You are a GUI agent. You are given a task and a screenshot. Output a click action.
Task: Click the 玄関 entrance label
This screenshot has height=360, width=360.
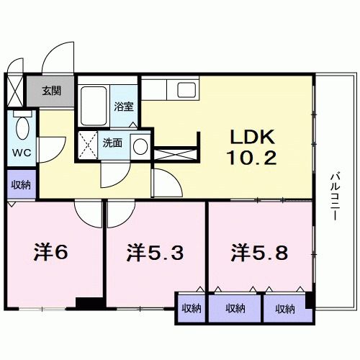pyautogui.click(x=50, y=91)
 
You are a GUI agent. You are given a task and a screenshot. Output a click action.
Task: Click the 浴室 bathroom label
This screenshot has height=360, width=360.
pyautogui.click(x=123, y=108)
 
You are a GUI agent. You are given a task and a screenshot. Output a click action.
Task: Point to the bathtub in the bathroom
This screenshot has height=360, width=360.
pyautogui.click(x=93, y=107)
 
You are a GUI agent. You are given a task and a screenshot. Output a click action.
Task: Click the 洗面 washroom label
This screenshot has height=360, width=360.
pyautogui.click(x=112, y=143)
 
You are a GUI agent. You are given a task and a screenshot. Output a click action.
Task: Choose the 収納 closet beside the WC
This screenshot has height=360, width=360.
pyautogui.click(x=20, y=184)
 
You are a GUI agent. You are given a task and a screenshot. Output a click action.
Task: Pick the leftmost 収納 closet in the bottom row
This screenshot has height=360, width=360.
pyautogui.click(x=192, y=308)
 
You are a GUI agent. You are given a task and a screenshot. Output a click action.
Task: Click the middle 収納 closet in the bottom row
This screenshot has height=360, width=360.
pyautogui.click(x=235, y=308)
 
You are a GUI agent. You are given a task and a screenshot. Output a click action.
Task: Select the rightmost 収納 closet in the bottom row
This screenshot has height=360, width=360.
pyautogui.click(x=284, y=308)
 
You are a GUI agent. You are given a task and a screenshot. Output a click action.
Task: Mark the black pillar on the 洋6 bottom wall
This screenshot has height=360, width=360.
pyautogui.click(x=90, y=304)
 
